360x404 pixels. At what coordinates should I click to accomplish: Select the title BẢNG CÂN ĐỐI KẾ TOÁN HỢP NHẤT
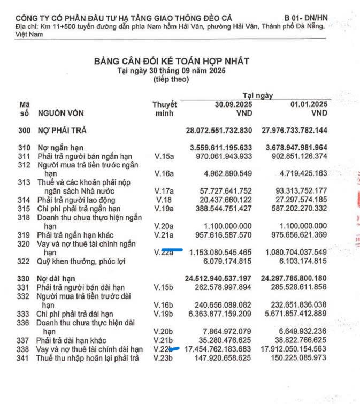(x=171, y=62)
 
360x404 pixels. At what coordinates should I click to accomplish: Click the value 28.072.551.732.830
(x=219, y=131)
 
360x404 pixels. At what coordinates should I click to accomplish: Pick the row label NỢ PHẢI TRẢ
(x=62, y=131)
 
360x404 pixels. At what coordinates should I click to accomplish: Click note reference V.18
(x=161, y=200)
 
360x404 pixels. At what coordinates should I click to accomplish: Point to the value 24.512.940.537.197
(x=218, y=279)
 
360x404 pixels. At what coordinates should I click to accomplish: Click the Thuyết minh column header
(x=164, y=109)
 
